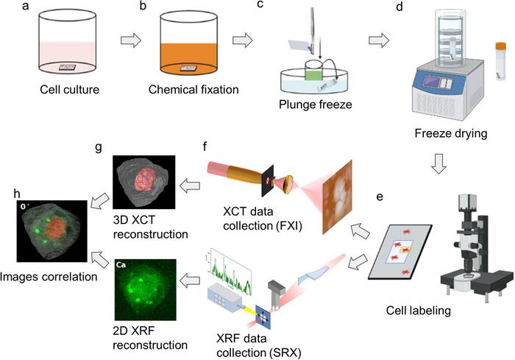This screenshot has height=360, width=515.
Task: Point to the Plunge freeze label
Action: [316, 105]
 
